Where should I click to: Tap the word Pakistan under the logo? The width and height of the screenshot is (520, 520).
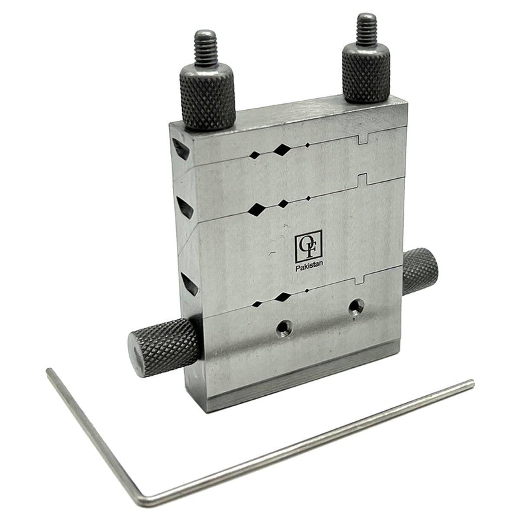[x=309, y=266]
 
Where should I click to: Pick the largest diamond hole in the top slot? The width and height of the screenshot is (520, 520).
[x=281, y=151]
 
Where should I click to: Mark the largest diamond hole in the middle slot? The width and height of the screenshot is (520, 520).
[x=258, y=209]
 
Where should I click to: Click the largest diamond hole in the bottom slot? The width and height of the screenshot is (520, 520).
[x=283, y=297]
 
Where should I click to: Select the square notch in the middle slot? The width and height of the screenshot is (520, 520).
[x=363, y=178]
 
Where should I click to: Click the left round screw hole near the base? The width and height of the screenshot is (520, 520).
[x=282, y=328]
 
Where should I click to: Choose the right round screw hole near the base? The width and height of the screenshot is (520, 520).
[x=355, y=306]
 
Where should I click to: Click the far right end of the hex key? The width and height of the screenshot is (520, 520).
[x=471, y=383]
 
